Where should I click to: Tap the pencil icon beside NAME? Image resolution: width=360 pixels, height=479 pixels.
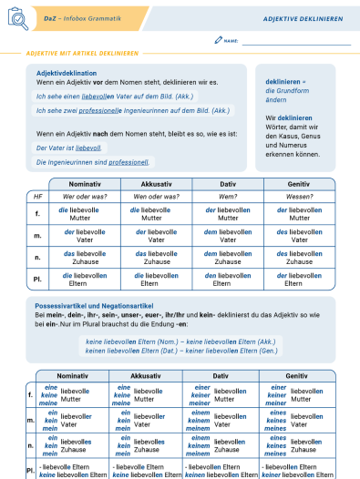coord(218,41)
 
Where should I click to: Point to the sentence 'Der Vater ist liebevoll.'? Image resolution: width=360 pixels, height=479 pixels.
coord(69,147)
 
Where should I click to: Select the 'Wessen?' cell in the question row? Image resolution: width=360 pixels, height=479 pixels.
coord(299,197)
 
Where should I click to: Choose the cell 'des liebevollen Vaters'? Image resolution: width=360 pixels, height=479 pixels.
coord(299,236)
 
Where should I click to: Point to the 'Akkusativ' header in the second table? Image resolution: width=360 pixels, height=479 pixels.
coord(144,375)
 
